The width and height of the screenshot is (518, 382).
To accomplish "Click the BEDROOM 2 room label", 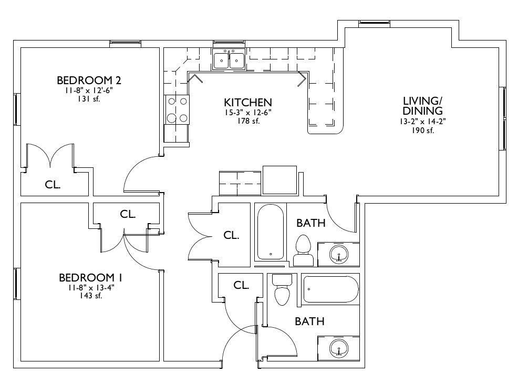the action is [x=89, y=81].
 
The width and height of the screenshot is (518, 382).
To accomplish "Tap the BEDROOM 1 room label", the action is [x=90, y=277].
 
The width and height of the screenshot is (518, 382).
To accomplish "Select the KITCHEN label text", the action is [x=248, y=102].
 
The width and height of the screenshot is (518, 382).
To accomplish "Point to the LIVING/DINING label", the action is [x=422, y=106].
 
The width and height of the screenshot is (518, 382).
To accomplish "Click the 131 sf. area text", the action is [x=89, y=98].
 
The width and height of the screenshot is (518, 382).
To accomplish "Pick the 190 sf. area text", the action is [x=422, y=130].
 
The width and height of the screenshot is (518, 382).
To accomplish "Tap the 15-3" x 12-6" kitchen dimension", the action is [x=248, y=113].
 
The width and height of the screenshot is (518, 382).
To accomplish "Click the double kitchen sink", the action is [x=229, y=60].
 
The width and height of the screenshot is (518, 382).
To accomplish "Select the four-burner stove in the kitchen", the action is [x=177, y=109].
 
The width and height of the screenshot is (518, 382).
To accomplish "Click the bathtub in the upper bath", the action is [x=271, y=232].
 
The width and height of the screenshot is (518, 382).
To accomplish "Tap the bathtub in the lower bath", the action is [x=330, y=289].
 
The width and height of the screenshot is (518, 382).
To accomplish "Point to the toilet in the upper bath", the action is [x=303, y=250].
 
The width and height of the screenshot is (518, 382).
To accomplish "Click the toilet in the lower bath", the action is [x=282, y=289].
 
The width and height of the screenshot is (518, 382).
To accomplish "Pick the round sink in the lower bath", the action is [x=339, y=348].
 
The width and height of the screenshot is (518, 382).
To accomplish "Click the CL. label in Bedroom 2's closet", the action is [x=53, y=185].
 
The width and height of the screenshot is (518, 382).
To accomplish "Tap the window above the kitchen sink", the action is [x=229, y=42].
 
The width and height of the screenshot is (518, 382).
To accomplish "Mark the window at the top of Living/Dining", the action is [x=374, y=22].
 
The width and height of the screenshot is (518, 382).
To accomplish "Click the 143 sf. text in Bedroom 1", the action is [x=90, y=296].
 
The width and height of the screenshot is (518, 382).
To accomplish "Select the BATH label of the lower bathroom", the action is [x=309, y=321].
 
